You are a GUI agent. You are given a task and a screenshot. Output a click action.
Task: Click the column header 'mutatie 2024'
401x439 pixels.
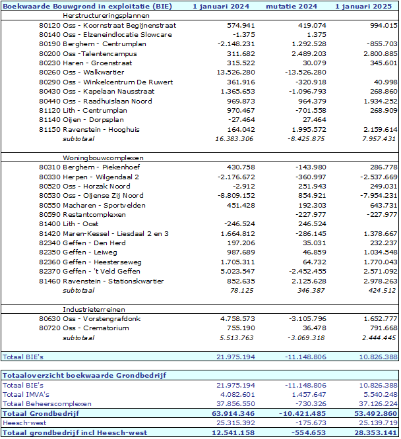pyautogui.click(x=292, y=6)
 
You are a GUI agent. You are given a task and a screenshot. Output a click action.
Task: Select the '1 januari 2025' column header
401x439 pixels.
pyautogui.click(x=363, y=6)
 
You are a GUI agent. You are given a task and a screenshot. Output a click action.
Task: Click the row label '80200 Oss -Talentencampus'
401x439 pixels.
pyautogui.click(x=88, y=53)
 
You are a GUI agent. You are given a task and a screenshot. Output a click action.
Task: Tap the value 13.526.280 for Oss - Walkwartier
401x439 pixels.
pyautogui.click(x=235, y=73)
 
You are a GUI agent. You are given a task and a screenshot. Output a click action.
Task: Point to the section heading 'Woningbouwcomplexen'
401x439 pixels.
pyautogui.click(x=103, y=158)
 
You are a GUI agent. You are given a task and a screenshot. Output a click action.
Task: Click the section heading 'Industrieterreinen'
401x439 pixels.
pyautogui.click(x=94, y=309)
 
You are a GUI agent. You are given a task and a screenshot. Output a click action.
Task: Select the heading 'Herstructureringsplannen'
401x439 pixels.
pyautogui.click(x=106, y=16)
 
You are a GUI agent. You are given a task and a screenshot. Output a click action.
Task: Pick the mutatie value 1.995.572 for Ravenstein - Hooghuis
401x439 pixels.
pyautogui.click(x=309, y=129)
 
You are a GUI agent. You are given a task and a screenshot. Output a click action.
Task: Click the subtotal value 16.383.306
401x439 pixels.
pyautogui.click(x=234, y=139)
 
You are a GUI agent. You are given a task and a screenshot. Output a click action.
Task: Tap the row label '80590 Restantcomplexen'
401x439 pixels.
pyautogui.click(x=82, y=215)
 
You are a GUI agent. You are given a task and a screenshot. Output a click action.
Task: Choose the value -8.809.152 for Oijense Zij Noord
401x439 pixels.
pyautogui.click(x=236, y=195)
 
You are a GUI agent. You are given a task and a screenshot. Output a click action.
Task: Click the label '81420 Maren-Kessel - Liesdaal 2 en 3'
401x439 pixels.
pyautogui.click(x=104, y=233)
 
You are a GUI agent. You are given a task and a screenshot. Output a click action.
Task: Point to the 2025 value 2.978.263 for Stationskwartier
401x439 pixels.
pyautogui.click(x=381, y=281)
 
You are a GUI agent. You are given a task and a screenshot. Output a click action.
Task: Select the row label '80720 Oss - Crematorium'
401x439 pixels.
pyautogui.click(x=84, y=328)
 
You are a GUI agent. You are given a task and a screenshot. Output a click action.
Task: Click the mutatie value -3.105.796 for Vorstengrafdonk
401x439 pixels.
pyautogui.click(x=307, y=318)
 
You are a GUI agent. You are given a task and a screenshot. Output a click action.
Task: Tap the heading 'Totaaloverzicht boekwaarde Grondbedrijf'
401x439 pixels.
pyautogui.click(x=84, y=375)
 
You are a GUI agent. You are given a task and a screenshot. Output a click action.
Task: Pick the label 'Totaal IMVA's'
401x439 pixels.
pyautogui.click(x=26, y=394)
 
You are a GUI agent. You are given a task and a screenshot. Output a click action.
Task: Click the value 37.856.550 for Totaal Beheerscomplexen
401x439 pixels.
pyautogui.click(x=235, y=403)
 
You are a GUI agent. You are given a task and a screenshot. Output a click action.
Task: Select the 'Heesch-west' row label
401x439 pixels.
pyautogui.click(x=24, y=423)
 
